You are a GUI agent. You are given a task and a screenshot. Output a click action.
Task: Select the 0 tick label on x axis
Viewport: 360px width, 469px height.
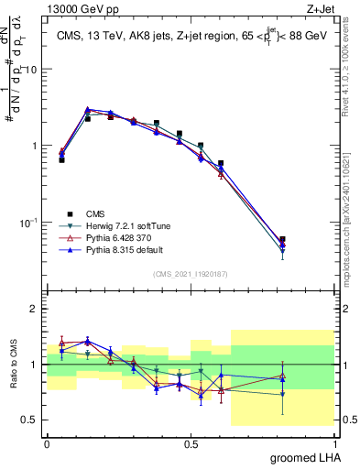(47, 442)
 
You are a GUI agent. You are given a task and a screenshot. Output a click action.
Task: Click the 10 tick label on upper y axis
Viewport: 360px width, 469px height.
(31, 70)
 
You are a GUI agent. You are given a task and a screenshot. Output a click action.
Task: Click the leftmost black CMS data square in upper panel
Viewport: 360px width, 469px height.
(61, 159)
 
